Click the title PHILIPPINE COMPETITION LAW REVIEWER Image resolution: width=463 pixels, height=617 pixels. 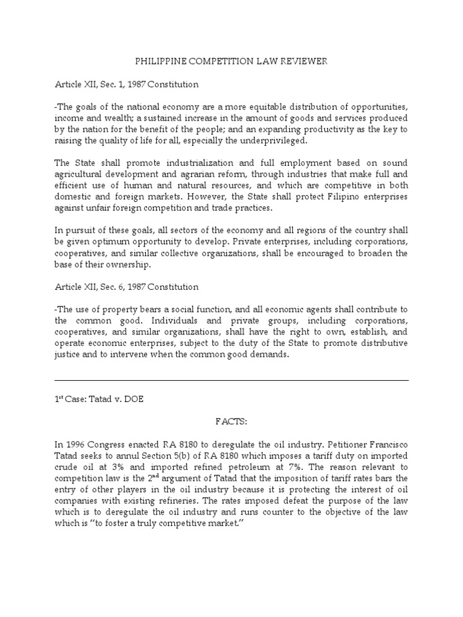click(x=231, y=61)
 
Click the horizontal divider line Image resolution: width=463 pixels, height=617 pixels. click(x=231, y=380)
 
